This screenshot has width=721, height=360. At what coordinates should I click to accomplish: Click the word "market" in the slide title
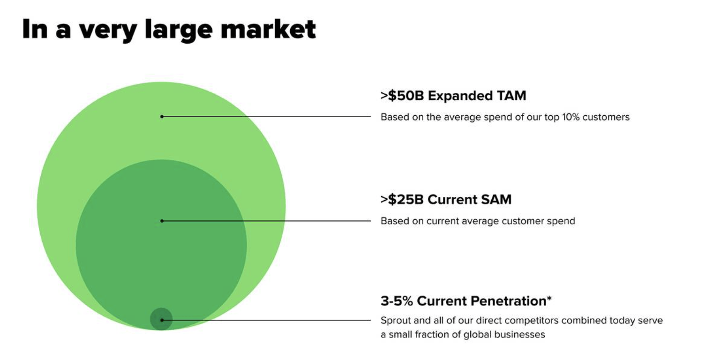tap(268, 30)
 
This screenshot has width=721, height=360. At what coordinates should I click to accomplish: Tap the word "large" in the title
tap(179, 31)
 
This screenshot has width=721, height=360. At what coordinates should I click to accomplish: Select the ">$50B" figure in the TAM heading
tap(402, 96)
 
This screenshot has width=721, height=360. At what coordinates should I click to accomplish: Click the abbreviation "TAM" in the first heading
tap(511, 96)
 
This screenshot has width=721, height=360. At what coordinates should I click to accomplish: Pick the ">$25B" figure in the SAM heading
tap(402, 200)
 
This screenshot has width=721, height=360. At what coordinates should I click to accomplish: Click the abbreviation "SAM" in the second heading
tap(496, 200)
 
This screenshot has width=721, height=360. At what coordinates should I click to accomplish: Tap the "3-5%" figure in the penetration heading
tap(397, 301)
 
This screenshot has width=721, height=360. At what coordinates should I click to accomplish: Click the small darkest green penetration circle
tap(161, 319)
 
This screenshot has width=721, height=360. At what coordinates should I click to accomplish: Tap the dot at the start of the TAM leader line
tap(162, 116)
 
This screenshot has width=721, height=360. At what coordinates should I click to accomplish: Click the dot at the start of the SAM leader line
tap(162, 221)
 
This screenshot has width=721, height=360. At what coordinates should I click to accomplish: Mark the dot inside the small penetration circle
tap(162, 320)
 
